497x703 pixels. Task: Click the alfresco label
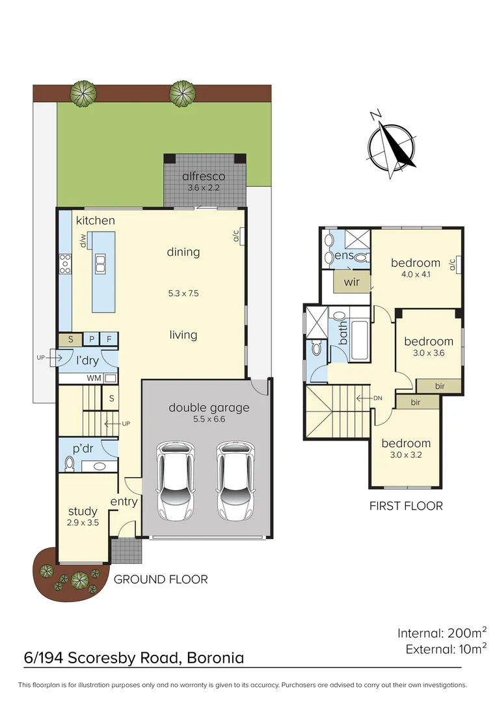[x=204, y=176]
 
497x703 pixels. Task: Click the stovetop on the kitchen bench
[x=65, y=264]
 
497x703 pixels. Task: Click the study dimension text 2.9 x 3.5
[x=83, y=522]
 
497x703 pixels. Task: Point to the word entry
[x=124, y=501]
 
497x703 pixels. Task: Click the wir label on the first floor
[x=351, y=282]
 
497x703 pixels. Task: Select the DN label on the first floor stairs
[x=378, y=398]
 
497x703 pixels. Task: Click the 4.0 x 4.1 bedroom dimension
[x=416, y=274]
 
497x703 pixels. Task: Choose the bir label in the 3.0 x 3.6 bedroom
[x=440, y=386]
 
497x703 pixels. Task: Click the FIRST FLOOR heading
[x=406, y=505]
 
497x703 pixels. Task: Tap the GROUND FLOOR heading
[x=161, y=579]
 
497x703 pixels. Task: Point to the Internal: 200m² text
[x=442, y=632]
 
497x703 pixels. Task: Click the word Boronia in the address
[x=215, y=657]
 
